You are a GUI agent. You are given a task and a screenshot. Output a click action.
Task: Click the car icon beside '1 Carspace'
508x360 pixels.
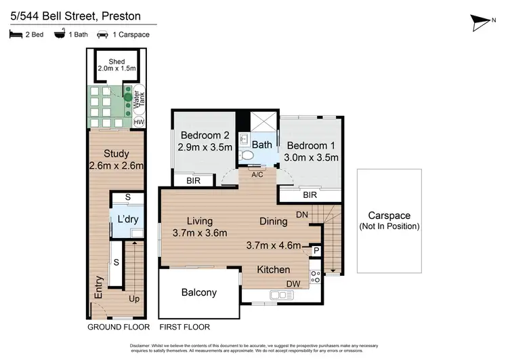point(103,35)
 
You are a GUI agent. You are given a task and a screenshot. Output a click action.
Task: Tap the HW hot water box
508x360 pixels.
point(139,122)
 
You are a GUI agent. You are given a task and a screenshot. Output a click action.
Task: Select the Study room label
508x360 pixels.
point(115,153)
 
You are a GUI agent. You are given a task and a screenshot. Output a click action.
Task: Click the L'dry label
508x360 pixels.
point(129,220)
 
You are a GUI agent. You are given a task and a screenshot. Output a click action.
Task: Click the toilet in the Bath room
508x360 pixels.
point(248,155)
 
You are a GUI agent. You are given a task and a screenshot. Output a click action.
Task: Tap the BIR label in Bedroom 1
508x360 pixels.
point(310,195)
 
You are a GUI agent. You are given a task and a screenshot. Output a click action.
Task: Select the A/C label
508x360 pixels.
point(257,174)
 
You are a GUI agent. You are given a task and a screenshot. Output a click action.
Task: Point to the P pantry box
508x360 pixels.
point(316,251)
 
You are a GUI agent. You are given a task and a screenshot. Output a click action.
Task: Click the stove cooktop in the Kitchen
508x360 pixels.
point(315,277)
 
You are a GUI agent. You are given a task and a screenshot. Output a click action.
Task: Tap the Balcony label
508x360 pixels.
point(199,293)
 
